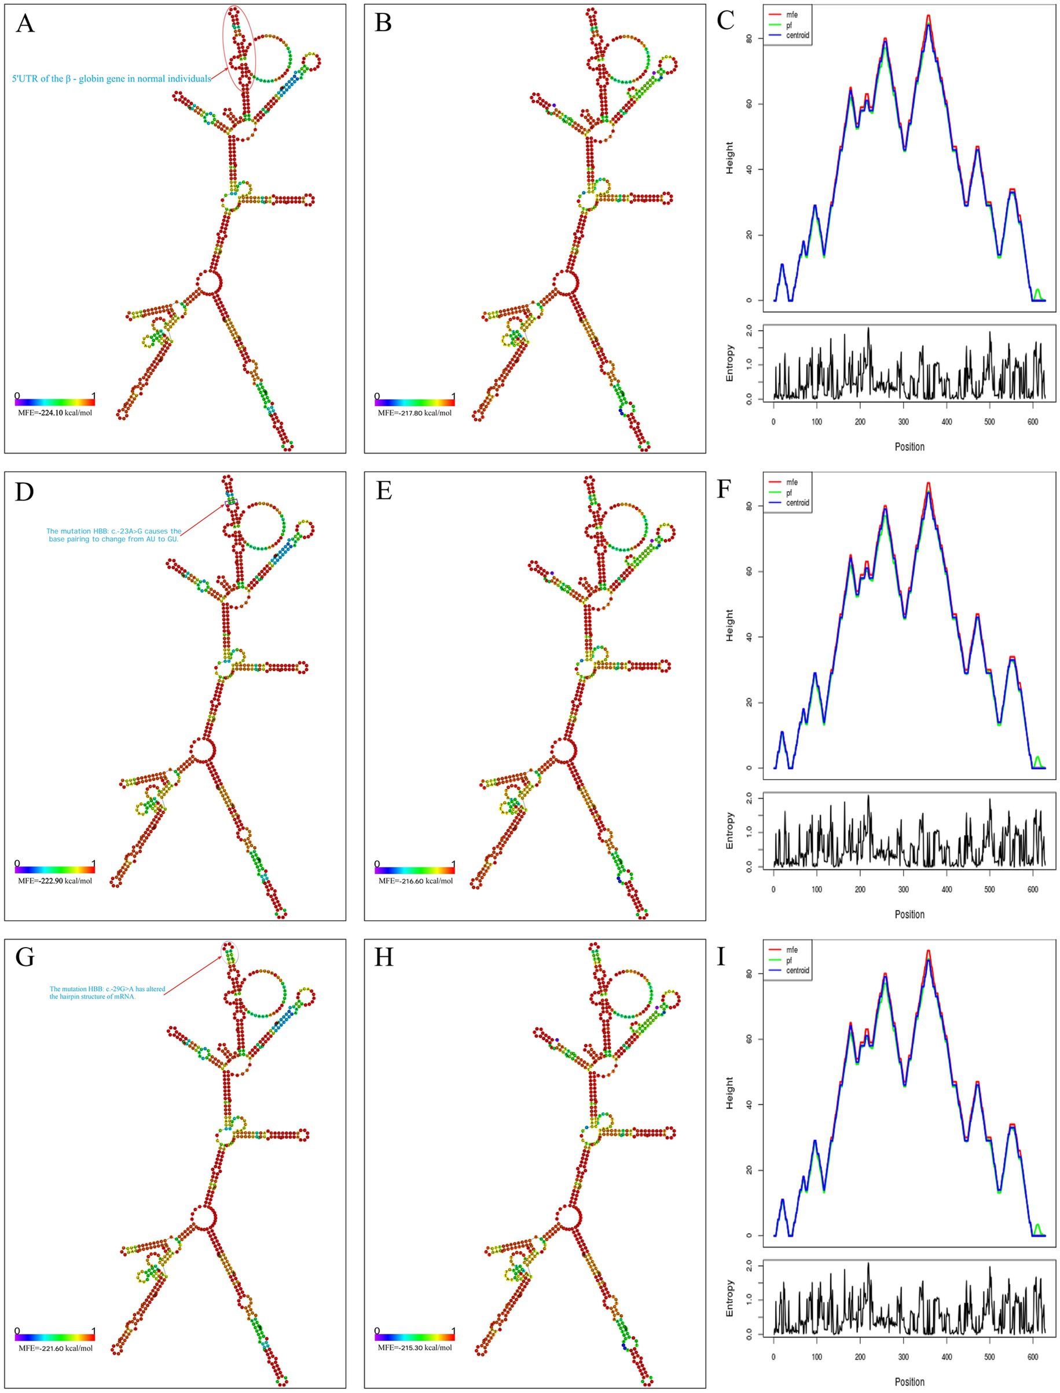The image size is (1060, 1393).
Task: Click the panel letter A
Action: click(x=25, y=23)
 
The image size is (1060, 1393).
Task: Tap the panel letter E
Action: click(x=384, y=491)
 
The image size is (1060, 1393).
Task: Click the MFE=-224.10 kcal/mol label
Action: click(x=55, y=413)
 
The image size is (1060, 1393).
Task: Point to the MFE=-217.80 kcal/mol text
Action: click(x=415, y=413)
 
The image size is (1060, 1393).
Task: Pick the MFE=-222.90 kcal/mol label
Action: click(x=55, y=880)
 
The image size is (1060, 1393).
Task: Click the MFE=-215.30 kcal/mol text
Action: click(x=415, y=1348)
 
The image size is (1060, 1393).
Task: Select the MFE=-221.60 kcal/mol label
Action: click(x=55, y=1348)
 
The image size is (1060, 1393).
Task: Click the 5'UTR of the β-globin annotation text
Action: click(x=111, y=79)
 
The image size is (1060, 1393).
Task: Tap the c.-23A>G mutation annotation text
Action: click(x=113, y=535)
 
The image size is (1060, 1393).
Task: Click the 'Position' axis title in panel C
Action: click(x=909, y=447)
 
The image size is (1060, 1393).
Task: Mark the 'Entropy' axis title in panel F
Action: click(x=730, y=830)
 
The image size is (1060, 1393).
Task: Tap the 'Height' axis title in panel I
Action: click(x=730, y=1093)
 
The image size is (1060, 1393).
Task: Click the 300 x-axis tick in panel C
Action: click(x=904, y=422)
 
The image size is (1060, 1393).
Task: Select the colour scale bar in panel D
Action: click(x=55, y=869)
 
